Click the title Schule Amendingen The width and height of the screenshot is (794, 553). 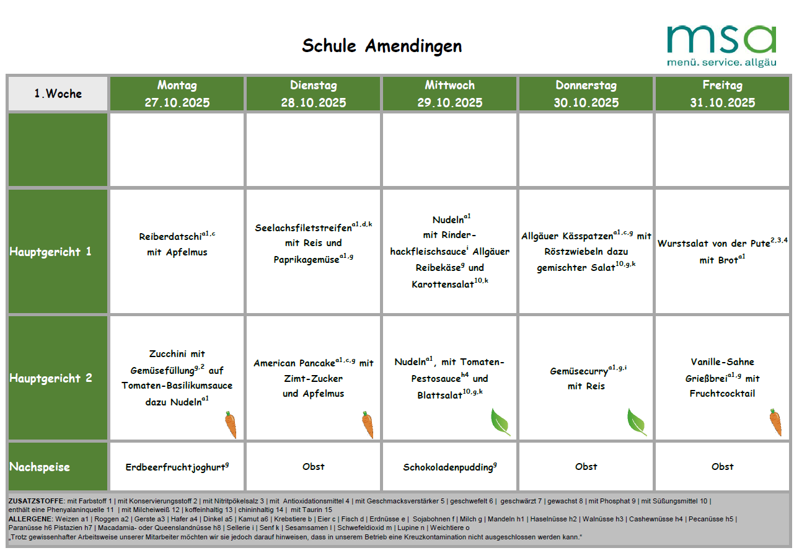(382, 46)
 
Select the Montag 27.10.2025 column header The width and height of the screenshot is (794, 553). (177, 94)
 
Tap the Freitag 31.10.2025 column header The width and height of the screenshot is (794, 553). (722, 94)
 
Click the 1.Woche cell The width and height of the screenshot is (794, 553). (58, 94)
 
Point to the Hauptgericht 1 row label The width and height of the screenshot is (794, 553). (51, 252)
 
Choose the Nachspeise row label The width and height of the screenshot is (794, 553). (39, 467)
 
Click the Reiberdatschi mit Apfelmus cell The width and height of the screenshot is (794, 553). (177, 244)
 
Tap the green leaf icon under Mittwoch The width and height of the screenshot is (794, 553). (501, 422)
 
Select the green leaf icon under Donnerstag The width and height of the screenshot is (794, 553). (637, 422)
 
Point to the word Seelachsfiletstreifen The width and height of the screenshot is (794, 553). (303, 228)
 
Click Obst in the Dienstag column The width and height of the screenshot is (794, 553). (314, 467)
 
